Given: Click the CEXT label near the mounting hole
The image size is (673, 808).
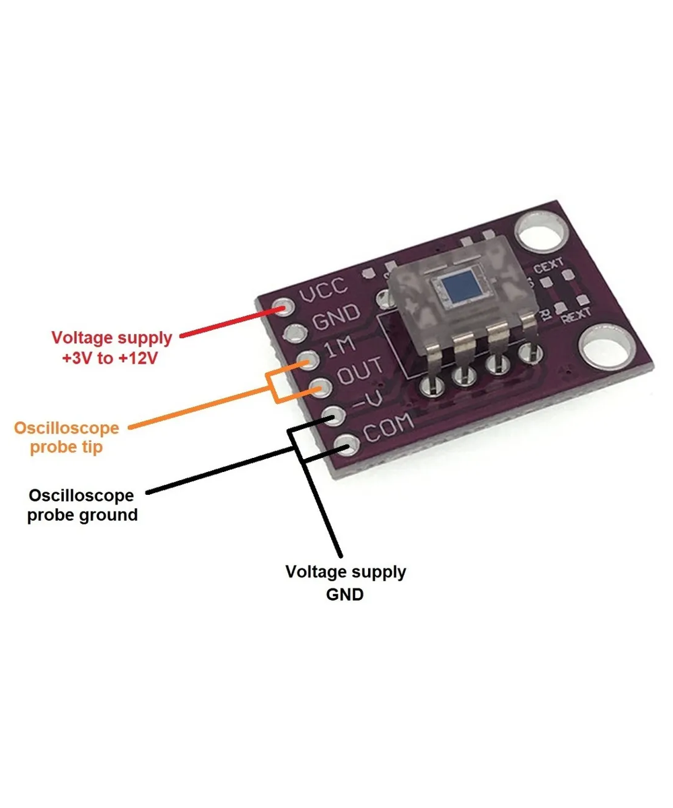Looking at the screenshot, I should [548, 267].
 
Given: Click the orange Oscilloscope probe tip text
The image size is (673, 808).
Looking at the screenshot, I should [67, 437].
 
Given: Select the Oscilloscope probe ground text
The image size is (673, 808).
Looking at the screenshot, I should [81, 505].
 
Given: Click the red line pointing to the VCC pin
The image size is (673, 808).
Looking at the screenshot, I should [229, 323].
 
